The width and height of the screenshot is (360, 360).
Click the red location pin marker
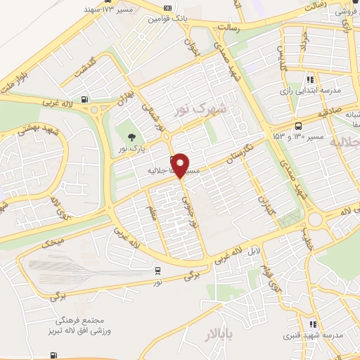[181, 165]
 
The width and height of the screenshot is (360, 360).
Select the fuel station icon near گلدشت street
[85, 99]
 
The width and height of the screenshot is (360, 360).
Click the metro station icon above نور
[158, 270]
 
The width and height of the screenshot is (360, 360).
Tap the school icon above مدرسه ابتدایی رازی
[310, 80]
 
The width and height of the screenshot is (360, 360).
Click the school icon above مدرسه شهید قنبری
[313, 324]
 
